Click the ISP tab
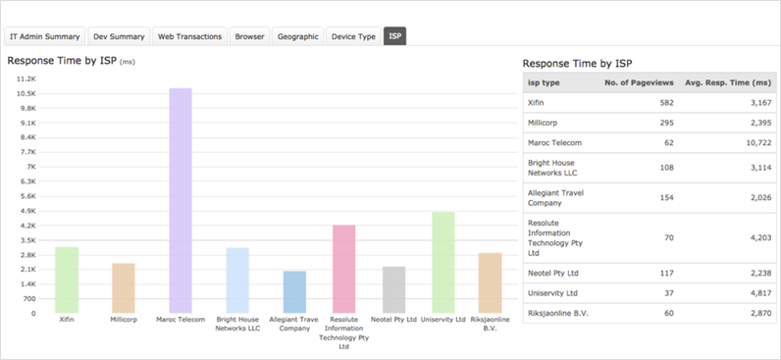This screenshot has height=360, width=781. (395, 36)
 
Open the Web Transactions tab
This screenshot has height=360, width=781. (189, 36)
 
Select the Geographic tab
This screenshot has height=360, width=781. (298, 36)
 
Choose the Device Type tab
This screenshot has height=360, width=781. (353, 36)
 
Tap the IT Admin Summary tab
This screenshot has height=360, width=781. (45, 36)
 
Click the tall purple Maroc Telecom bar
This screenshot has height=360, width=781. (181, 201)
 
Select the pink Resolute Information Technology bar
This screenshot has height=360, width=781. (343, 269)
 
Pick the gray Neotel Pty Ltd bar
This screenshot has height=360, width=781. (394, 289)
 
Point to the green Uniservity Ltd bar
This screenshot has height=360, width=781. (443, 263)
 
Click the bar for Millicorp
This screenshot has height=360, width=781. (123, 288)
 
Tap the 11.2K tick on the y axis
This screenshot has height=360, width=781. (26, 78)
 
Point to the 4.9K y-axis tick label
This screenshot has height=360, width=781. (28, 211)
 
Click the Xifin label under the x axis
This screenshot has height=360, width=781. (67, 320)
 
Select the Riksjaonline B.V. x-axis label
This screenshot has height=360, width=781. (491, 324)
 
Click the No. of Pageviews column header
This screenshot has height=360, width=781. (639, 82)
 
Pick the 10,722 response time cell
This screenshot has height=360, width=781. (758, 143)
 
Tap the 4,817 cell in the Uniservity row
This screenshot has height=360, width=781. (760, 293)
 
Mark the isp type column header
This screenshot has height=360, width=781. (544, 82)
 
